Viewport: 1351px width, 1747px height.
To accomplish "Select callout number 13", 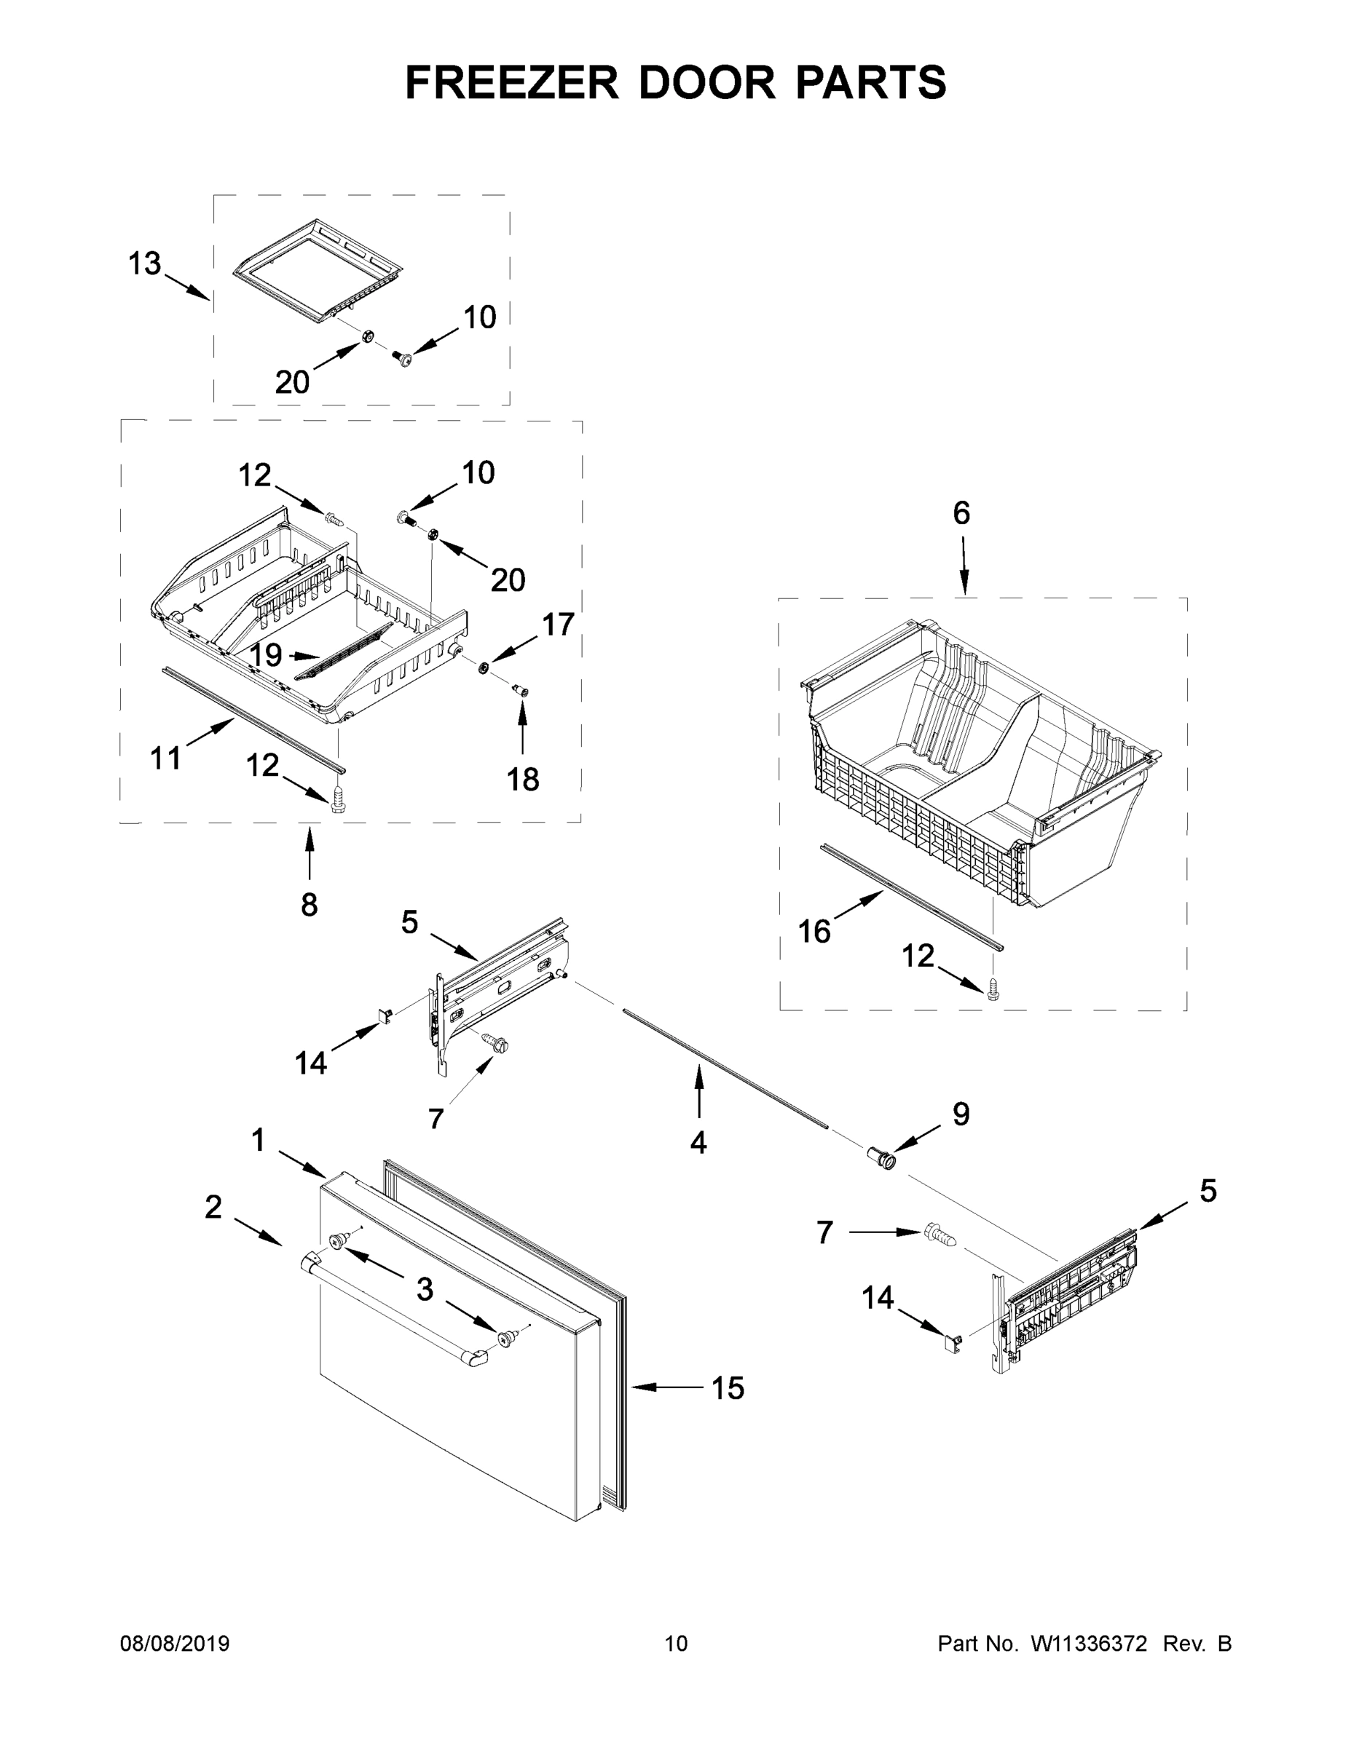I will click(145, 264).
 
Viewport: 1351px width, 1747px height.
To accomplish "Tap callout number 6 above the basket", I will click(961, 512).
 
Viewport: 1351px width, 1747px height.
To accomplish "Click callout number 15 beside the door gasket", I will click(728, 1389).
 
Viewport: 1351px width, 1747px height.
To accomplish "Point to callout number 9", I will click(961, 1114).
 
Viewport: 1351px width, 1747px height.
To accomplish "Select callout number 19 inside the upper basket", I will click(265, 655).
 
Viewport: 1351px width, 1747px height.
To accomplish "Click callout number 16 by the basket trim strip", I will click(815, 931).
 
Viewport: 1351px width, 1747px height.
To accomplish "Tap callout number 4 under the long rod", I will click(698, 1143).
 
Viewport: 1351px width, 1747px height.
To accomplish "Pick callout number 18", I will click(523, 778).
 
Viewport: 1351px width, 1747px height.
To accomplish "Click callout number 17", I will click(558, 624).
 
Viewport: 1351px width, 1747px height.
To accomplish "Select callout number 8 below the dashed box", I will click(309, 905).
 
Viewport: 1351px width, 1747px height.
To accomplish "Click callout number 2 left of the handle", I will click(212, 1207).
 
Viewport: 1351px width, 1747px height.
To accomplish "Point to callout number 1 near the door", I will click(258, 1140).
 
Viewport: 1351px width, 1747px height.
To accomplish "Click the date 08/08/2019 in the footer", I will click(175, 1644).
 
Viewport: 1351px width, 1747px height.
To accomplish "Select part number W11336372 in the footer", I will click(1089, 1644).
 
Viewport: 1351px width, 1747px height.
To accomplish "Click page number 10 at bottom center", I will click(676, 1644).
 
